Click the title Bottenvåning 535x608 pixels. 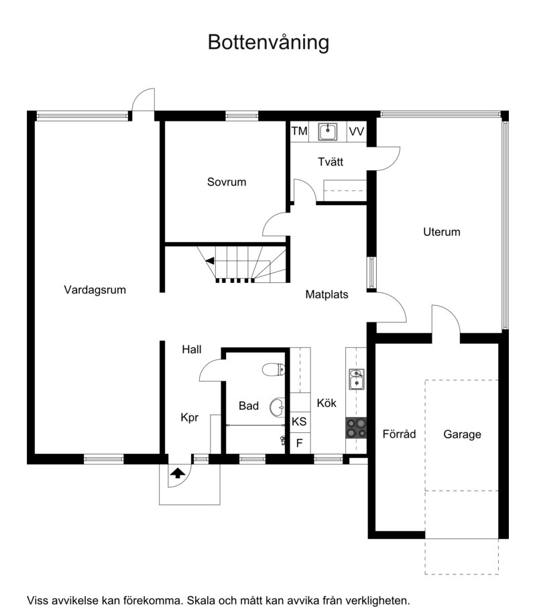[x=268, y=42]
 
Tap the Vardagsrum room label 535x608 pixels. [x=95, y=290]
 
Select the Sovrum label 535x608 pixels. [x=227, y=182]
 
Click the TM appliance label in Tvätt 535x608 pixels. [x=299, y=131]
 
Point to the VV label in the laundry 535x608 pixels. [x=356, y=131]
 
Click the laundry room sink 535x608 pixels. [x=328, y=132]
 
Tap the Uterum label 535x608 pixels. [x=442, y=232]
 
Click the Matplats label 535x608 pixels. [x=326, y=295]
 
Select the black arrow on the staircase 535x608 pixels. [x=210, y=261]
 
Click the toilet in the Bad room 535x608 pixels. [x=274, y=369]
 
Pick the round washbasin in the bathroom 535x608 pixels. [x=278, y=407]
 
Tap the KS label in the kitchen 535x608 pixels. [x=299, y=422]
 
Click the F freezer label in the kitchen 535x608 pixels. [x=299, y=443]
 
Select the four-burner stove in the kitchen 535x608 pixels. [x=356, y=428]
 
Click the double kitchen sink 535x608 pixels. [x=356, y=379]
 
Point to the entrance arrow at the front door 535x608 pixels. [x=178, y=473]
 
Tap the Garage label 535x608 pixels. [x=462, y=434]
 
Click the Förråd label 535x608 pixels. [x=399, y=434]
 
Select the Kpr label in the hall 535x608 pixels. [x=190, y=418]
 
